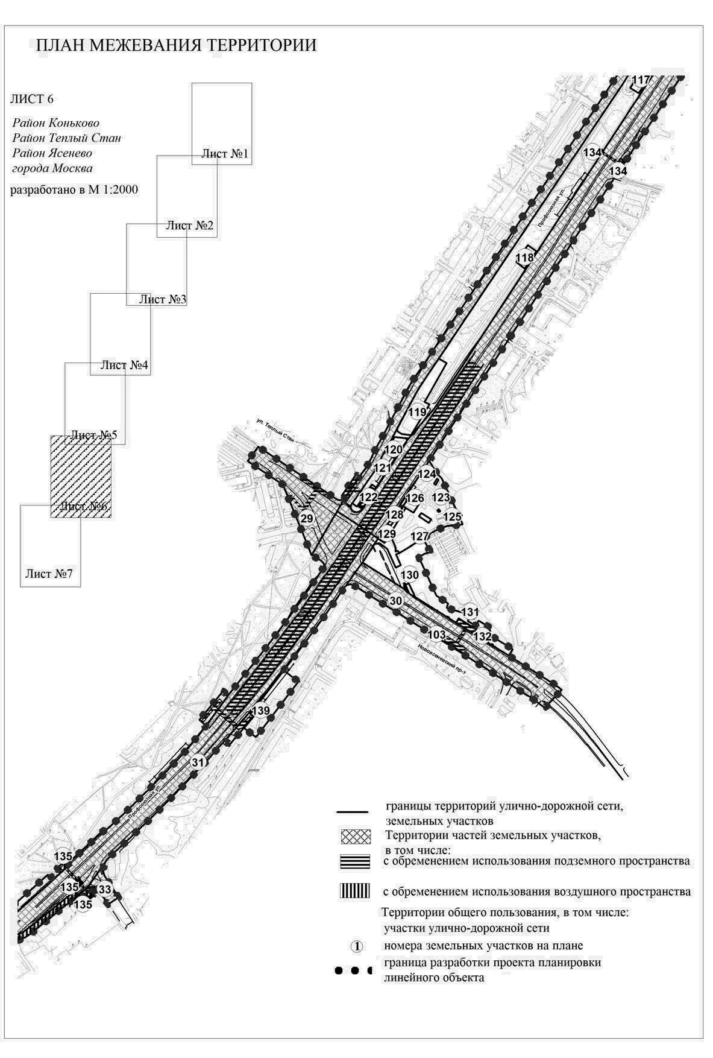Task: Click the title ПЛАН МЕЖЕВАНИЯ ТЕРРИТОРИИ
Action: pos(176,46)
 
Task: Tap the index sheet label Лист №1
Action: pos(225,154)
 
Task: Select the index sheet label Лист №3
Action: pos(163,299)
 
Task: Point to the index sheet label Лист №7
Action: pos(49,573)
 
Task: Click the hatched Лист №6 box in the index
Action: pos(80,477)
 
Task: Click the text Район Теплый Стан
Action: pos(66,138)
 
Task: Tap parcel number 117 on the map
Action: pos(641,80)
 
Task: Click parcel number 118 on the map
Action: pos(525,258)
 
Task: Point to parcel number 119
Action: pos(418,413)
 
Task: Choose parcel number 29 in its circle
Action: pos(307,519)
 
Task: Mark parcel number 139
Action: pos(261,711)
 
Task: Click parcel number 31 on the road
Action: pos(198,762)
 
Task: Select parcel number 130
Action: pos(410,575)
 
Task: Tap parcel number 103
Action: pos(436,635)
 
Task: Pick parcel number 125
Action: pos(452,517)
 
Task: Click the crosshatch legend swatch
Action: pos(358,837)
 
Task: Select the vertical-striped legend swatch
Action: pos(358,891)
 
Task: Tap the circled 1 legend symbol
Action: pos(357,946)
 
